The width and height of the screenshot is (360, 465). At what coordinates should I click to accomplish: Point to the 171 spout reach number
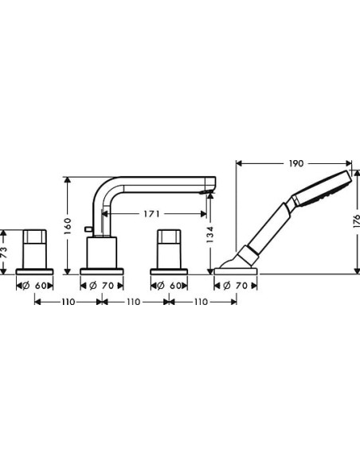(155, 213)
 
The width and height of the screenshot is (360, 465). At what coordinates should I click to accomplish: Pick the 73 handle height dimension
(6, 249)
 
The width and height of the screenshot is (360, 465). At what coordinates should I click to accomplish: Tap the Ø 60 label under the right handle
(168, 285)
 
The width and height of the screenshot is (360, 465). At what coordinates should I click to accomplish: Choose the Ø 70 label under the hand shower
(235, 285)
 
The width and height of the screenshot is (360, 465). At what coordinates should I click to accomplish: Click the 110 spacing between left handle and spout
(68, 303)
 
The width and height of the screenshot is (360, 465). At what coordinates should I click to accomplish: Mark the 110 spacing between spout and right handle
(135, 303)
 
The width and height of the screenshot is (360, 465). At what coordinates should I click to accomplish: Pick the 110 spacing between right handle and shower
(202, 303)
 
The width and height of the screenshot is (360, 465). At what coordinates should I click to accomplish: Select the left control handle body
(36, 248)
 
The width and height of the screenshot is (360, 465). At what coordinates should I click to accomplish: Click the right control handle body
(168, 248)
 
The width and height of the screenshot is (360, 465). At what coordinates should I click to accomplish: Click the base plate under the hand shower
(236, 272)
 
